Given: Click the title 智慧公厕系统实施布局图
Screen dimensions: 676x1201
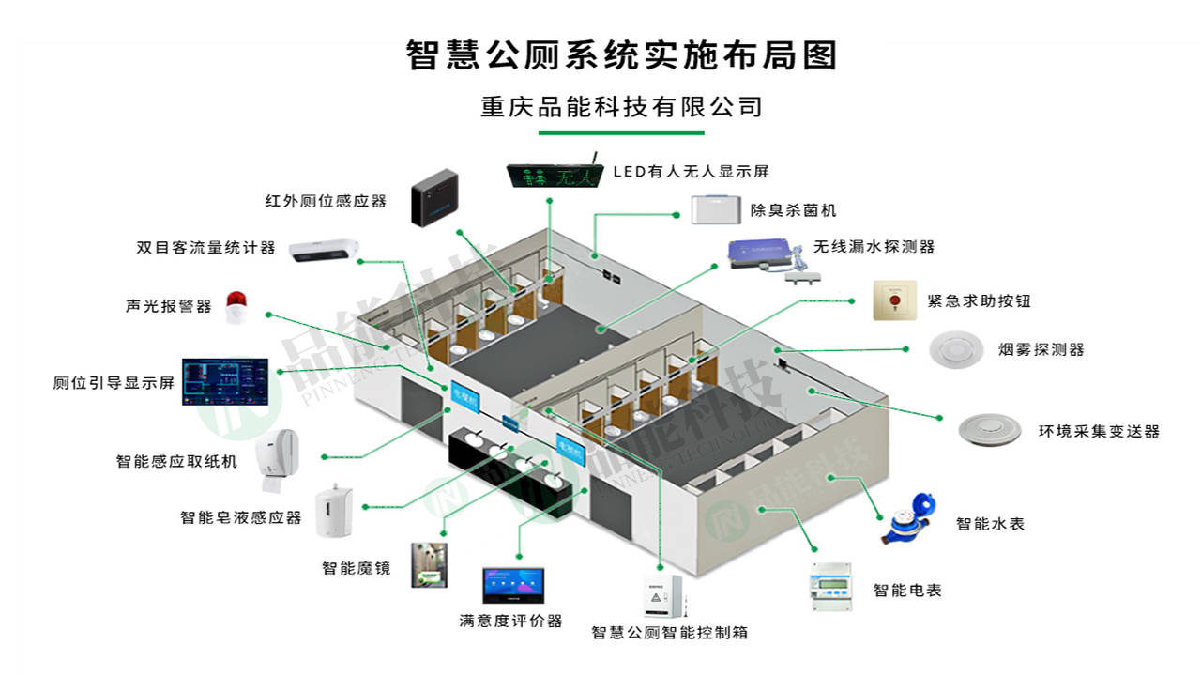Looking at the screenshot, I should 621,55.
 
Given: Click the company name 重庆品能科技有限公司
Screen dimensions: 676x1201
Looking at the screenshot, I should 621,106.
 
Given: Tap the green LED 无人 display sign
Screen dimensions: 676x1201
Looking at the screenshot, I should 552,176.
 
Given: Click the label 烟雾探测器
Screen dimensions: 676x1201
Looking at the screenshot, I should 1041,349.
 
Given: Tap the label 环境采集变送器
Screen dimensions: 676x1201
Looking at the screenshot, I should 1099,431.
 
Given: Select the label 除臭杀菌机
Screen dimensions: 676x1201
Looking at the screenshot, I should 793,210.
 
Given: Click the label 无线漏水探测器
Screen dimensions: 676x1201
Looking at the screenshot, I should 874,246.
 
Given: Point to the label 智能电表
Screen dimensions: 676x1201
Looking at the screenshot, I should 906,590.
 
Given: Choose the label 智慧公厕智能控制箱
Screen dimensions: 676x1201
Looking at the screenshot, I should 669,632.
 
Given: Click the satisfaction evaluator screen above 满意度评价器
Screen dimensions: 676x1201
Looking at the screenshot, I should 514,586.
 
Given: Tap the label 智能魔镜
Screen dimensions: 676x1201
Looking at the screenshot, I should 356,568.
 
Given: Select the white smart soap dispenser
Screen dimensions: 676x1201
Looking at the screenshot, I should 335,511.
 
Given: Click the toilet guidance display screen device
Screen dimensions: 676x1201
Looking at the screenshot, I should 225,382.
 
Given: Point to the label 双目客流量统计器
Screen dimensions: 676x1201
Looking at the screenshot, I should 205,248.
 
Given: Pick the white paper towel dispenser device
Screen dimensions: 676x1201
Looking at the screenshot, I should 279,460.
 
